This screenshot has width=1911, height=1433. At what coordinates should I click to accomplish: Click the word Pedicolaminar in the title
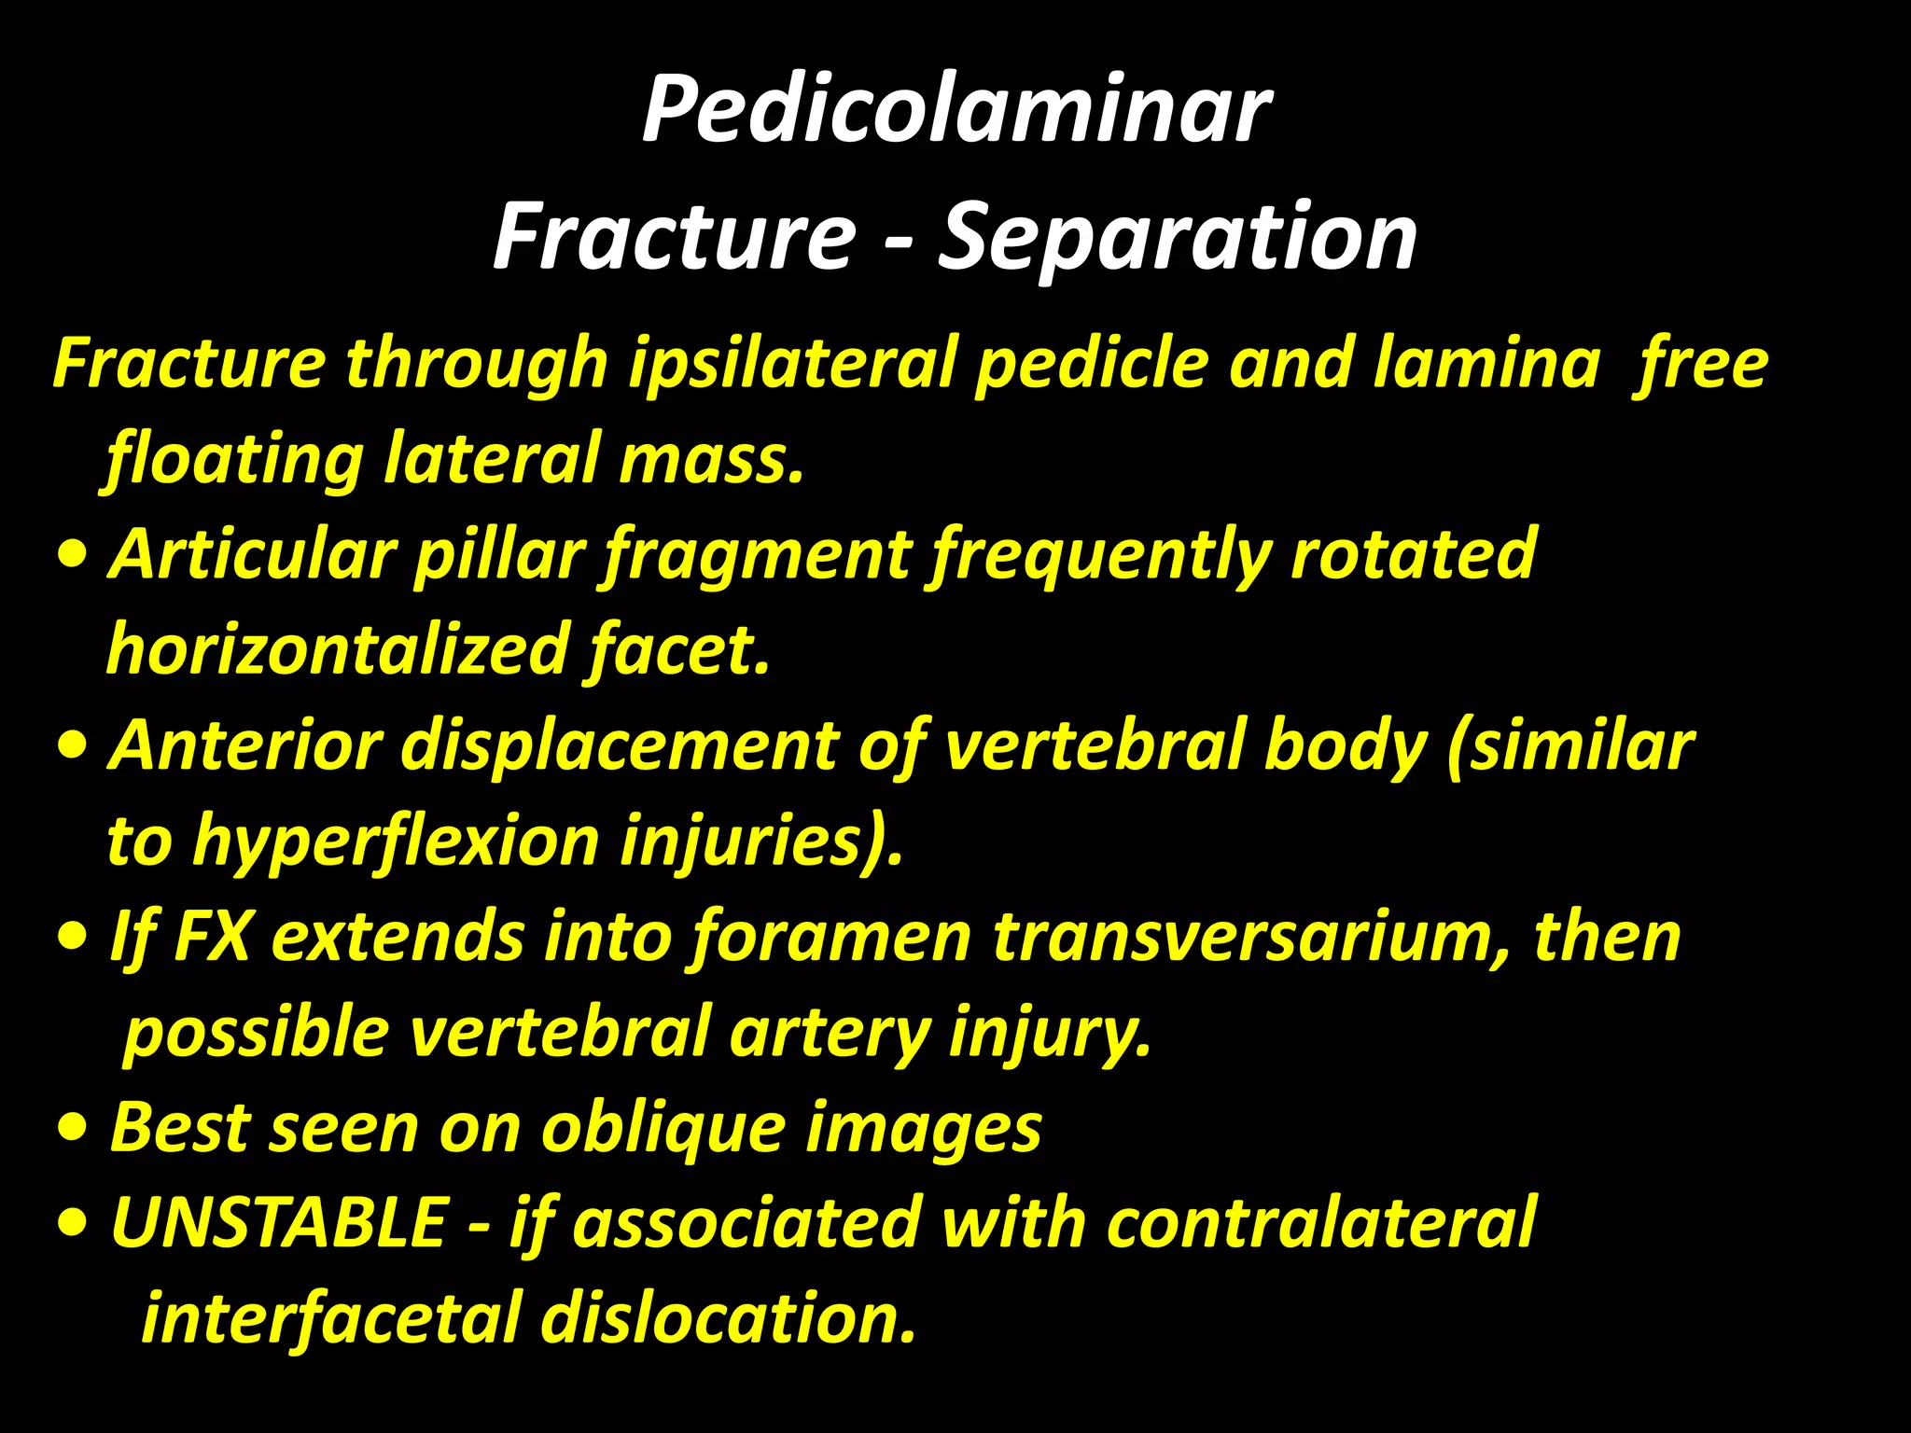[955, 110]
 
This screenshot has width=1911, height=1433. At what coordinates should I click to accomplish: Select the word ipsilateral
[793, 364]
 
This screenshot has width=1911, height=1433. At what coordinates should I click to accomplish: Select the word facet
[679, 650]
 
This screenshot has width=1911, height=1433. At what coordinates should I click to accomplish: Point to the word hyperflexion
[396, 842]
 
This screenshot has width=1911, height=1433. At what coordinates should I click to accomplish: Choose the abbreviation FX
[212, 938]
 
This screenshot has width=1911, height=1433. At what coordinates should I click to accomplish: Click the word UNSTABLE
[279, 1224]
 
